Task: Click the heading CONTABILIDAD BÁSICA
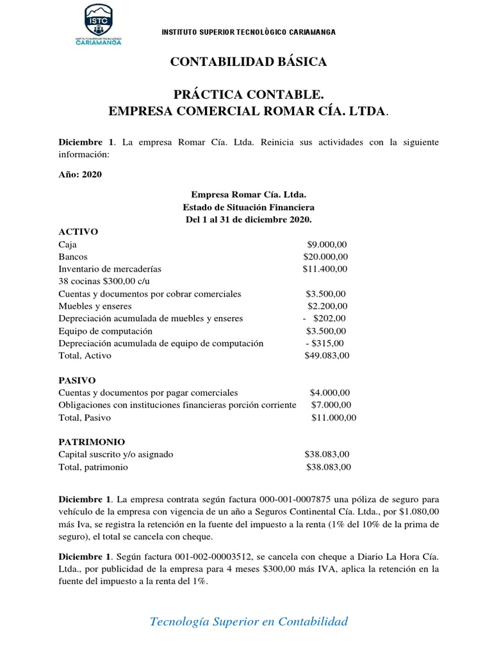coord(248,62)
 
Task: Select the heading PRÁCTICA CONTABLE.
coord(248,95)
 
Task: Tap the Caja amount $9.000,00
coord(327,244)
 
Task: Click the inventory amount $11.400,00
coord(325,269)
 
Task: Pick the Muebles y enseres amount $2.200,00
coord(327,306)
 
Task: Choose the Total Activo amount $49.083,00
coord(327,356)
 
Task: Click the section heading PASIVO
coord(78,380)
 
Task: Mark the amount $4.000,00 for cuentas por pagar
coord(330,393)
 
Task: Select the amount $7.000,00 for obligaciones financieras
coord(331,405)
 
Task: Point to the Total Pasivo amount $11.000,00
coord(333,418)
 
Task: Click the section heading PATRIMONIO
coord(92,442)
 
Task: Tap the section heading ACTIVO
coord(78,232)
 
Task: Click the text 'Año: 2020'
coord(80,174)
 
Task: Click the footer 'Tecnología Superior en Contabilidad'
coord(249,621)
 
